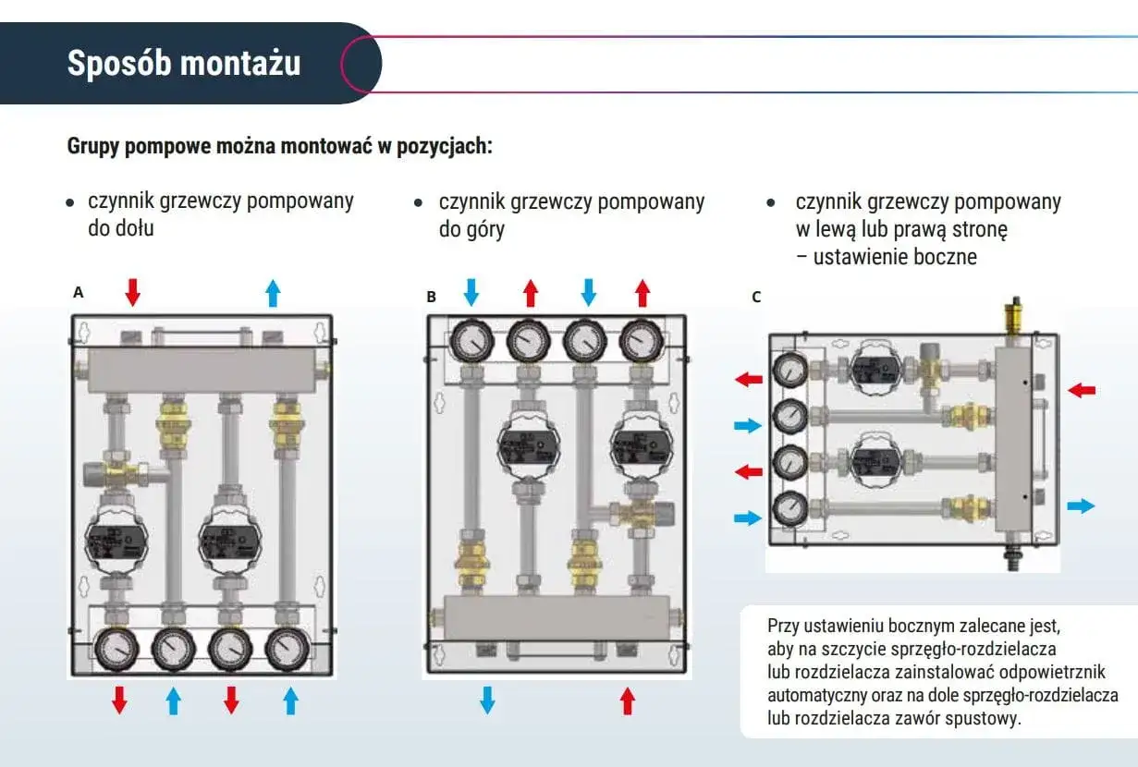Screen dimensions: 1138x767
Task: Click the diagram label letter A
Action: click(x=79, y=292)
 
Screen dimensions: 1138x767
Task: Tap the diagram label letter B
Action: click(x=432, y=297)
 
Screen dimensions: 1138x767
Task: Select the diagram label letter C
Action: click(x=756, y=298)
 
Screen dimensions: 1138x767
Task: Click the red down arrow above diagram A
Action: click(x=133, y=292)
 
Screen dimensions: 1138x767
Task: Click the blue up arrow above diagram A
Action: click(x=274, y=293)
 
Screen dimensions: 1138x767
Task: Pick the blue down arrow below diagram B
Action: click(x=487, y=700)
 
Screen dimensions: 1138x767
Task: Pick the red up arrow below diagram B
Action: click(x=628, y=701)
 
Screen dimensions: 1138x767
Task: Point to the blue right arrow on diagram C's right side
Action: click(x=1081, y=505)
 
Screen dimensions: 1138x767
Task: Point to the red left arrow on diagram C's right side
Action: click(x=1082, y=390)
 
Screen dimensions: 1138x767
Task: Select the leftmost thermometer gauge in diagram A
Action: click(x=116, y=649)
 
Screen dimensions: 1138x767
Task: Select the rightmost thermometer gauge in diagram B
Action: click(x=642, y=340)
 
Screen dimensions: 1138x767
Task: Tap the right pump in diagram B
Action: click(x=642, y=445)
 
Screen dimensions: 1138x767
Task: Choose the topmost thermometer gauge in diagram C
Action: click(x=790, y=371)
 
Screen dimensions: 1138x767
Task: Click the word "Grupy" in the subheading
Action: click(x=93, y=147)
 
